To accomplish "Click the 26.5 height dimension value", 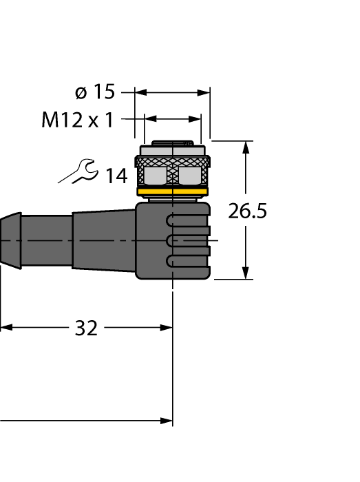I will tap(247, 211).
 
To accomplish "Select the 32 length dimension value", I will tap(86, 328).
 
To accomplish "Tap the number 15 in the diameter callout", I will tap(104, 92).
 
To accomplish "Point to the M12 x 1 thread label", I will tap(77, 120).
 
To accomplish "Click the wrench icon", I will tap(78, 171).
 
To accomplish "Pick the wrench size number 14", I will tap(116, 176).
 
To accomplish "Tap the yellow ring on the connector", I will tap(173, 192).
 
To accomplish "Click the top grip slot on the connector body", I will tap(187, 221).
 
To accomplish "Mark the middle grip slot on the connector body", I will tap(187, 240).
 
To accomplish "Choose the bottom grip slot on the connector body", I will tap(187, 260).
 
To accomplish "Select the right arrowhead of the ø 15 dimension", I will tap(204, 92).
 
